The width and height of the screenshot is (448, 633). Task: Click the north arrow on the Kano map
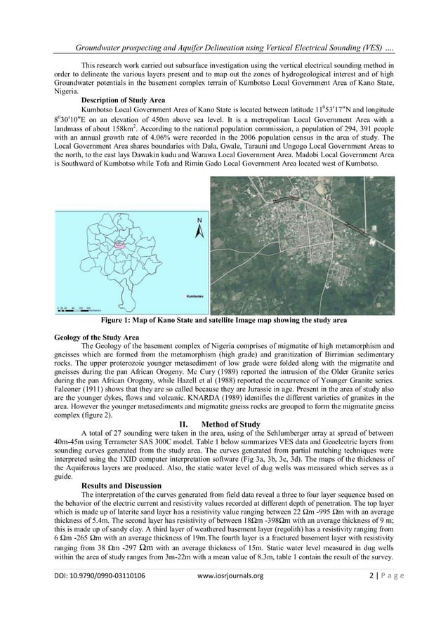pyautogui.click(x=199, y=227)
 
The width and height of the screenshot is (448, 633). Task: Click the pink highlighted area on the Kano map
pyautogui.click(x=121, y=246)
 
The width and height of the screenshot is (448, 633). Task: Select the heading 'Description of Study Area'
pyautogui.click(x=124, y=100)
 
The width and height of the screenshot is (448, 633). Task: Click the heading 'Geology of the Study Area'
pyautogui.click(x=96, y=338)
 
